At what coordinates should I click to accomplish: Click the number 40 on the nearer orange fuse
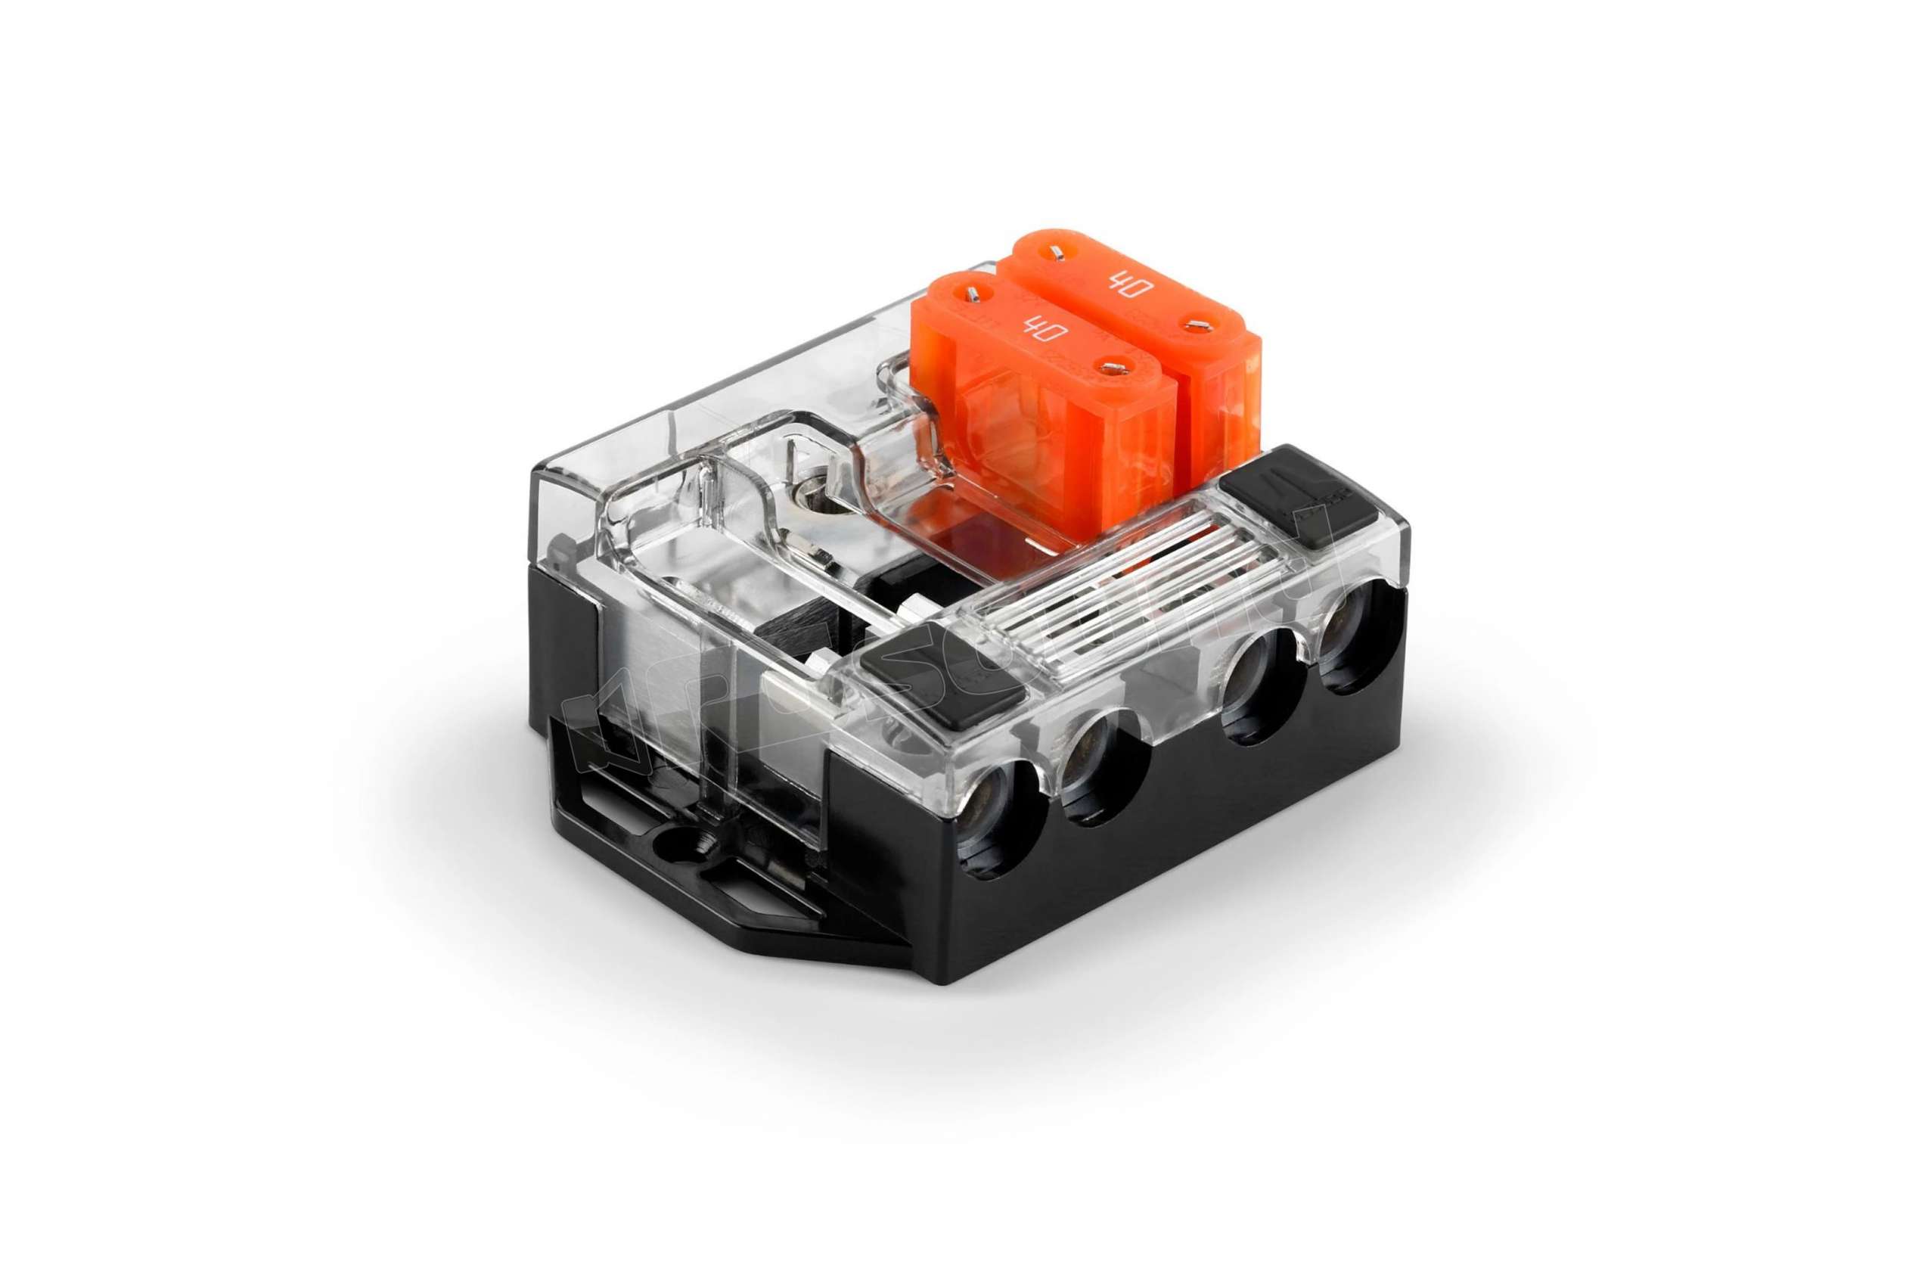(1034, 331)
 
